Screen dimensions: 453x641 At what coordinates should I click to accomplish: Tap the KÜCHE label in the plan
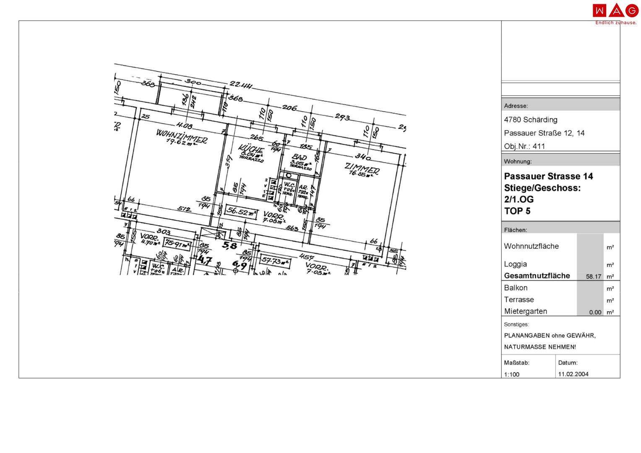[250, 149]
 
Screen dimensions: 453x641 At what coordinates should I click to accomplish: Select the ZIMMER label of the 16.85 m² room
[362, 168]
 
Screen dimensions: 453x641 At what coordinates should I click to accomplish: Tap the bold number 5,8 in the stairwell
[230, 246]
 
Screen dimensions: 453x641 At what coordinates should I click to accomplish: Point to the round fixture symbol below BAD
[289, 176]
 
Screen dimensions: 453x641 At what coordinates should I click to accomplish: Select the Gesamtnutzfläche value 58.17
[594, 277]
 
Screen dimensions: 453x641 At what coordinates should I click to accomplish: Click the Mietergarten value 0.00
[595, 312]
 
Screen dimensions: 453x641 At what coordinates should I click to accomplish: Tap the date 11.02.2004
[573, 374]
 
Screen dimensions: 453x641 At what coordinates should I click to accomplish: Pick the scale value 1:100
[511, 375]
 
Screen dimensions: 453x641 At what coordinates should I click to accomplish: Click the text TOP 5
[517, 211]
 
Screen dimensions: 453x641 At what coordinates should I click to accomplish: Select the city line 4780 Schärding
[530, 120]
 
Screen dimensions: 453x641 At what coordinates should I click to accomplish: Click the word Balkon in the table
[516, 288]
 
